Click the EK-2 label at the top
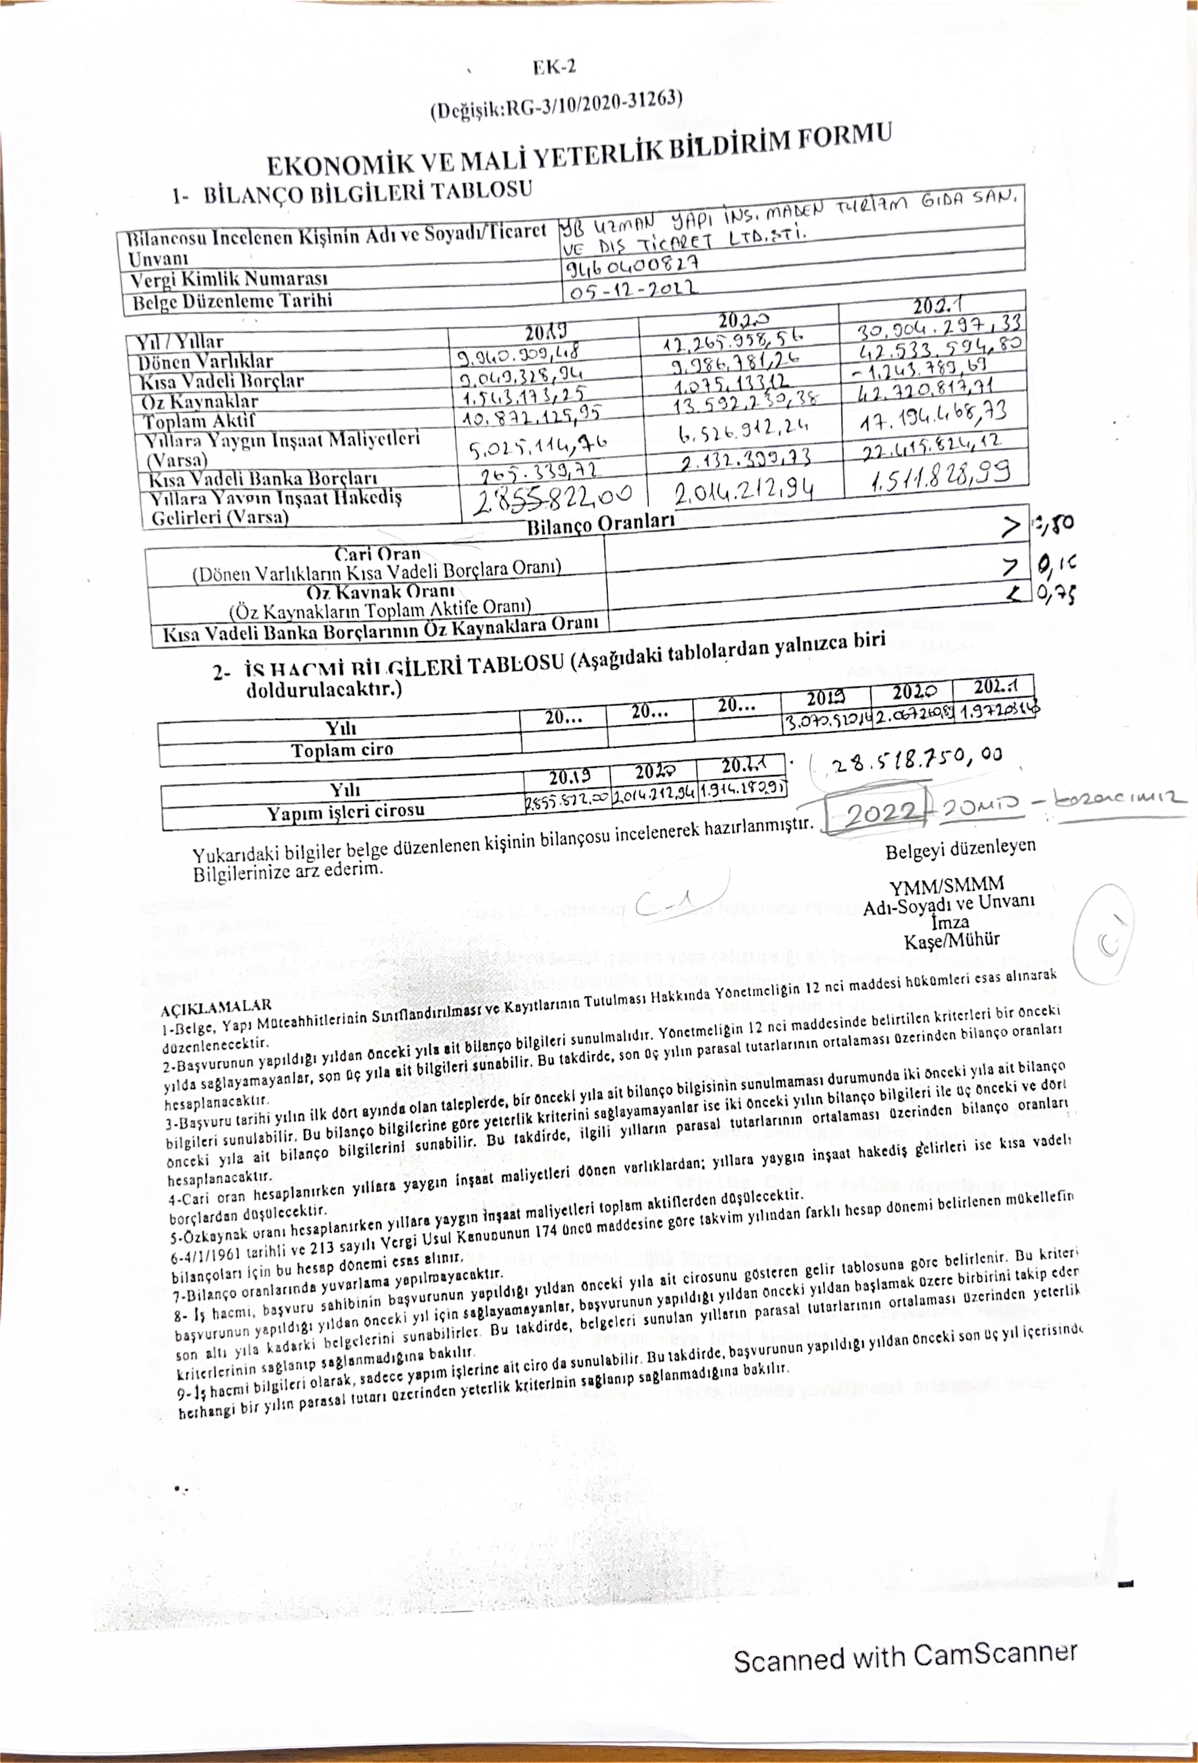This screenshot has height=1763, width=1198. [553, 68]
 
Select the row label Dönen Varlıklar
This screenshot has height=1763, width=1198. [204, 362]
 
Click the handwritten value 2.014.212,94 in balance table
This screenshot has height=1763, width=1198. [744, 493]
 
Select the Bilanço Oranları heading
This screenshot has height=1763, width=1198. [601, 524]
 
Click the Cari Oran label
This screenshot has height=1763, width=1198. [377, 554]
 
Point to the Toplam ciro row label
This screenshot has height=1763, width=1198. [342, 750]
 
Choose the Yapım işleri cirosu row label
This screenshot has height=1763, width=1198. [345, 813]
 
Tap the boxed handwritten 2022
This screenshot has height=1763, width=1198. [879, 813]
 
